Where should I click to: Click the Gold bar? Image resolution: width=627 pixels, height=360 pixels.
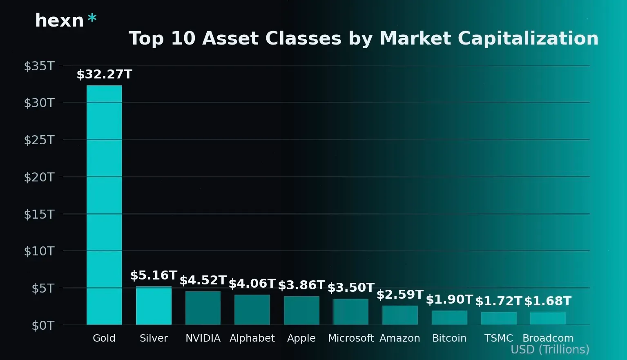click(104, 204)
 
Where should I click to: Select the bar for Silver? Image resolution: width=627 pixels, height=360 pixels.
click(154, 306)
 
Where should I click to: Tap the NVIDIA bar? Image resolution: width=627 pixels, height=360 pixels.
click(203, 308)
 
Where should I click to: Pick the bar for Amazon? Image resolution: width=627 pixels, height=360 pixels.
click(400, 315)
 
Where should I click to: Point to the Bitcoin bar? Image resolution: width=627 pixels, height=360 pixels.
click(449, 318)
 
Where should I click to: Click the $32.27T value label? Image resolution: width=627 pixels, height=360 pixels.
click(105, 74)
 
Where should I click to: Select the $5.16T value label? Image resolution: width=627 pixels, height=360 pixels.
click(154, 275)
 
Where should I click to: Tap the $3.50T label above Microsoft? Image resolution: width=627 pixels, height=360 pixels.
click(351, 288)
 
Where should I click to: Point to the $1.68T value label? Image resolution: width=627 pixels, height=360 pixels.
click(548, 301)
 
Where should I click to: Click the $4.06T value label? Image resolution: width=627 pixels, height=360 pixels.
click(252, 284)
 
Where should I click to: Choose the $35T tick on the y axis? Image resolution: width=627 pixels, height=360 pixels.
click(39, 66)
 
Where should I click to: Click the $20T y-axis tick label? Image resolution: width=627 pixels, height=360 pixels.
click(39, 177)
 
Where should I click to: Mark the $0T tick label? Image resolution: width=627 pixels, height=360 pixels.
click(43, 326)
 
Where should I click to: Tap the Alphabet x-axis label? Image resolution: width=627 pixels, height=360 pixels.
click(252, 338)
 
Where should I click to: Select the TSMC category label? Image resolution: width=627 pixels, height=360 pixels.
click(498, 338)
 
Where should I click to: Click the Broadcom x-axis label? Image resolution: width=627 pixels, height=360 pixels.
click(548, 338)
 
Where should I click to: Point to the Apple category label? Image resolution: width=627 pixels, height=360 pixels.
click(301, 338)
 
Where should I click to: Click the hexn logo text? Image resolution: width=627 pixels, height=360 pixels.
click(60, 20)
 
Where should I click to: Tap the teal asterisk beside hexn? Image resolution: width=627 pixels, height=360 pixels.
click(92, 18)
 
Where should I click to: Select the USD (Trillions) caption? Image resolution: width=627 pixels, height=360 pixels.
click(550, 350)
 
